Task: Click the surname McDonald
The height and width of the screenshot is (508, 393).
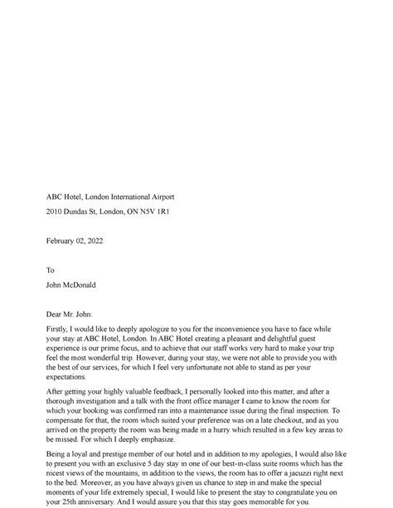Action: [x=79, y=285]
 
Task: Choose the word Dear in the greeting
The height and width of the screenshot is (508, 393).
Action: [x=54, y=315]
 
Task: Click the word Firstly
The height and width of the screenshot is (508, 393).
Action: [x=58, y=329]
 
